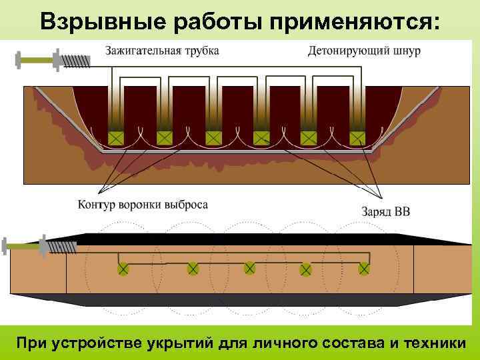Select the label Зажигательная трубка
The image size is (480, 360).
click(x=161, y=51)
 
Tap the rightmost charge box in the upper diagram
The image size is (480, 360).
click(x=358, y=138)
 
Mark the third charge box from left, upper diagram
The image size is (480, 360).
click(x=213, y=138)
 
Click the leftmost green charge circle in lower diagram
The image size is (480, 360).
click(x=123, y=269)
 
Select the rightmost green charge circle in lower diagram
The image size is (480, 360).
click(x=364, y=268)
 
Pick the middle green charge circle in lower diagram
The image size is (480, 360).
click(x=249, y=268)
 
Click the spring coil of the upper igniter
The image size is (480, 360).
click(x=77, y=59)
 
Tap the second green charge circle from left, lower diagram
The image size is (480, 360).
click(x=193, y=268)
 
